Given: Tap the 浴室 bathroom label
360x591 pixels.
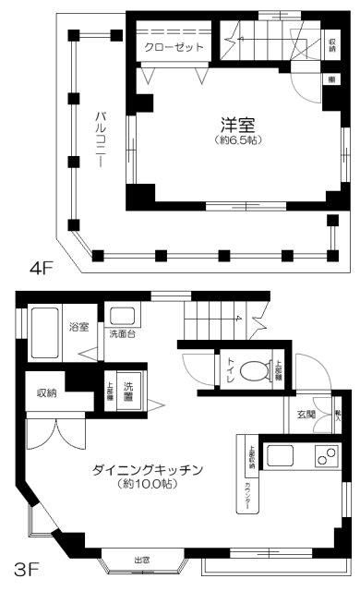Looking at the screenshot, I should [x=78, y=327].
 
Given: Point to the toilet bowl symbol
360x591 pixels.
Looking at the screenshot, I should [x=252, y=370].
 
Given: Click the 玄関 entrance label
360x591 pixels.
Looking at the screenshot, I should [x=306, y=415].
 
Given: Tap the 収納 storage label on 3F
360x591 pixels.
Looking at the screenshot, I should [x=48, y=392].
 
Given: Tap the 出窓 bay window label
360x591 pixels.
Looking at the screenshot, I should [x=142, y=560].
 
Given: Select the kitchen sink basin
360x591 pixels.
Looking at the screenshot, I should [x=280, y=455].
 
